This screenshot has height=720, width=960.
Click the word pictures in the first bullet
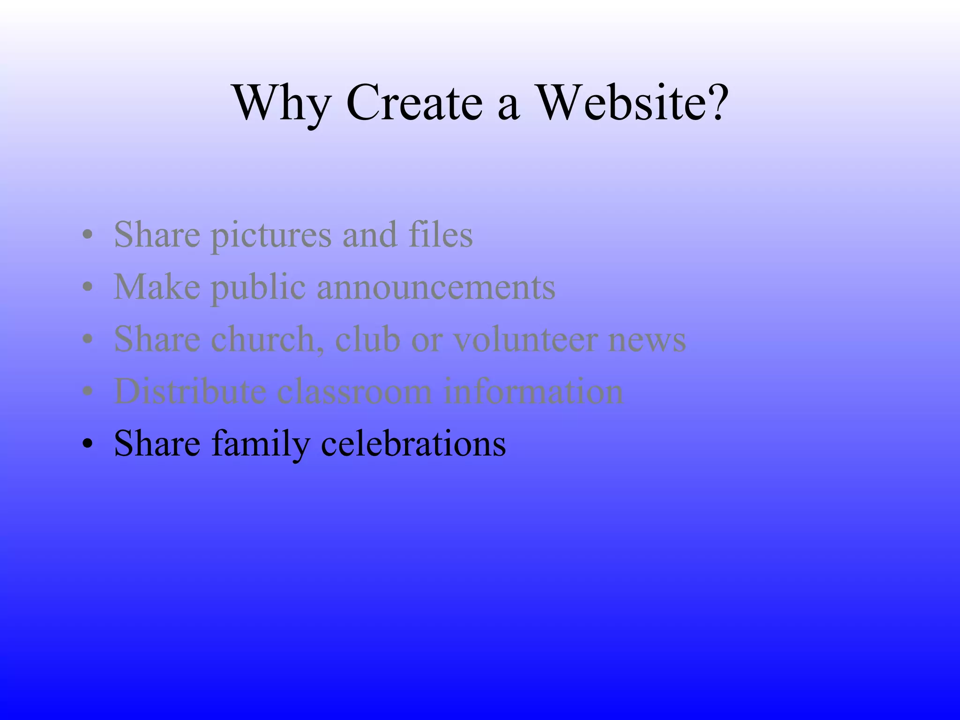click(x=271, y=235)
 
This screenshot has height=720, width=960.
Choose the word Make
click(x=157, y=287)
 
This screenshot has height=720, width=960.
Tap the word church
click(x=268, y=339)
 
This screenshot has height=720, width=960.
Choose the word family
click(x=261, y=444)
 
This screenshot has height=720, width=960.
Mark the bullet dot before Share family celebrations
click(x=86, y=444)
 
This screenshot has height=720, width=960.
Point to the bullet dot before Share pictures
click(x=86, y=236)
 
